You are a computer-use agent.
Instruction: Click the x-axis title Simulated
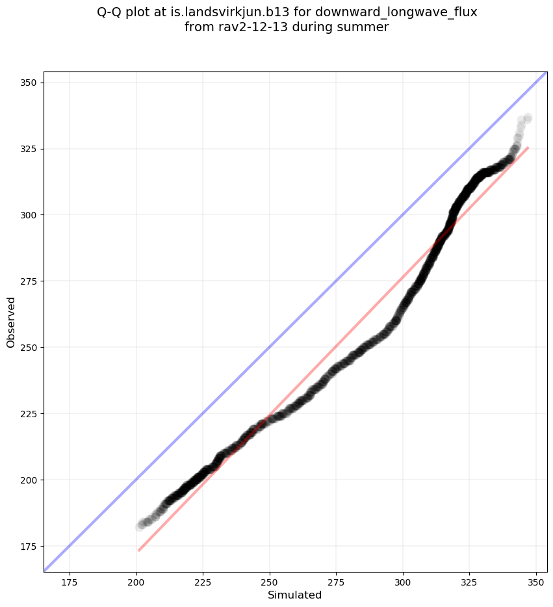295,595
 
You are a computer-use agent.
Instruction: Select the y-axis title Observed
11,322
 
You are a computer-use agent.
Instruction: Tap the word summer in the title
367,27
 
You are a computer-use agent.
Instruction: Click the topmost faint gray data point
528,118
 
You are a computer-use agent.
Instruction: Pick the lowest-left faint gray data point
140,526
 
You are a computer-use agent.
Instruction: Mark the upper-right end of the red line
528,148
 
